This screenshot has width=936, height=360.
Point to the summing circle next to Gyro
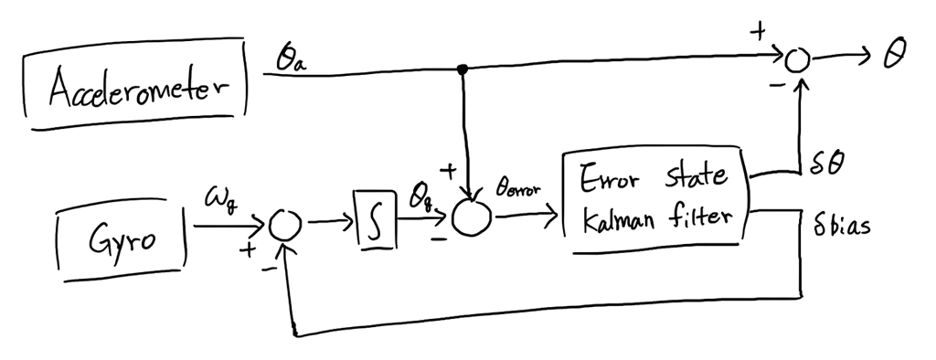(287, 223)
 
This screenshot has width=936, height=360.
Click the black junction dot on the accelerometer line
(464, 69)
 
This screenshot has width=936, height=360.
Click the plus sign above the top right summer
(757, 33)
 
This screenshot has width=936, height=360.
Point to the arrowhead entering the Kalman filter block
(553, 217)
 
